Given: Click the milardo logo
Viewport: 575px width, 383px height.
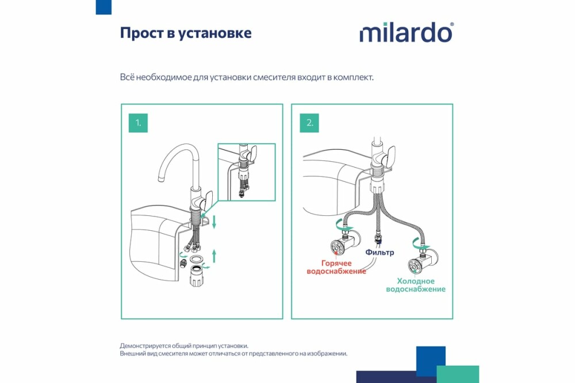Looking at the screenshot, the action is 407,33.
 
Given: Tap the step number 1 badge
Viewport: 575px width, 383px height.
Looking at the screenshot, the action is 138,123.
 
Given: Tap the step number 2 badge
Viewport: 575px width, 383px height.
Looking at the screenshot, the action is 309,123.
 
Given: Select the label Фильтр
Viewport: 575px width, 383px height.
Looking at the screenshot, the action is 379,252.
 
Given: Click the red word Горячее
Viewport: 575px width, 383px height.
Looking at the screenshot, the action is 336,263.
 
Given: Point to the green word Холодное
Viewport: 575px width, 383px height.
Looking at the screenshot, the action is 416,281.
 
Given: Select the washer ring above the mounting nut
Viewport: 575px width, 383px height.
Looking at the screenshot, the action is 196,259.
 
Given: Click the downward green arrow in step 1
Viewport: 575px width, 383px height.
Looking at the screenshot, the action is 214,222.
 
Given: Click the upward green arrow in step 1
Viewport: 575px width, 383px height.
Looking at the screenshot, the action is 214,256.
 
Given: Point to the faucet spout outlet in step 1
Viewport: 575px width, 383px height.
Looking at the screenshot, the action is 162,179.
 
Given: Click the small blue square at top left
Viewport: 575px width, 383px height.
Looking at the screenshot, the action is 103,7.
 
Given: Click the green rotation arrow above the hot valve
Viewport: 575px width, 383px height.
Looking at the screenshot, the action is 343,225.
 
